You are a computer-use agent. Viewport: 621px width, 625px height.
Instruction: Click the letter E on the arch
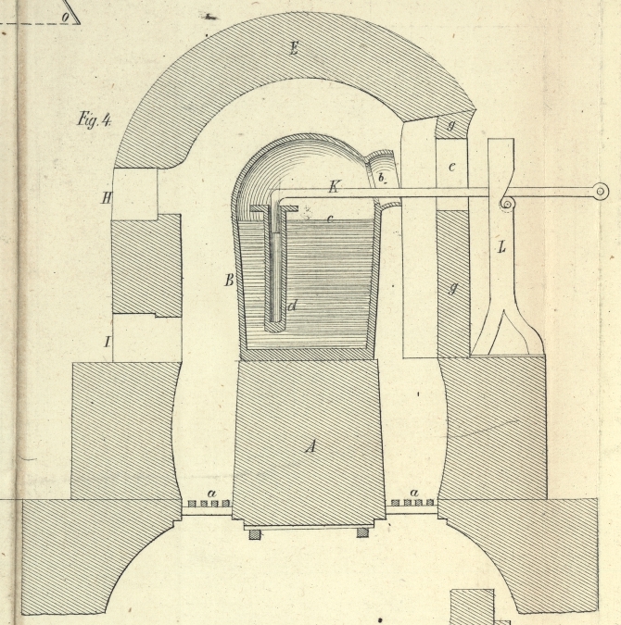pos(293,48)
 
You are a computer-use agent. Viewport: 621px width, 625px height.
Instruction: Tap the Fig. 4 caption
pos(95,119)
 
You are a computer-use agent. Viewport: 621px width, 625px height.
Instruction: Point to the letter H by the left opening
pos(107,196)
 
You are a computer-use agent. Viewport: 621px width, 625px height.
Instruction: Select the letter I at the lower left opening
pos(108,343)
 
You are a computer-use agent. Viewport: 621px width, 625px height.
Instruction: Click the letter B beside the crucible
pos(228,279)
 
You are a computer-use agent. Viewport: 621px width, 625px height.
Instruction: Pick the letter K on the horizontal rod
pos(334,187)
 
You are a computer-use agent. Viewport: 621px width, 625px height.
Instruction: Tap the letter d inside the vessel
pos(292,305)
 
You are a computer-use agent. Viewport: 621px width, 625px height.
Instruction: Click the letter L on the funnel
pos(501,247)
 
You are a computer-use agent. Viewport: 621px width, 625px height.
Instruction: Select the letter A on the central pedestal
pos(311,446)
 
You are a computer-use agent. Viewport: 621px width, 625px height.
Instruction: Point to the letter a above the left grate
pos(211,493)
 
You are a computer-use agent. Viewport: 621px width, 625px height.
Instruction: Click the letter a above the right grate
pos(413,493)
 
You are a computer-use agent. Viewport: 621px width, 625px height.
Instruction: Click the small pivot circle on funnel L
pos(507,204)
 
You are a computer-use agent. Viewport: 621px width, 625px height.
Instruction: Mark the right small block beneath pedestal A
pos(362,532)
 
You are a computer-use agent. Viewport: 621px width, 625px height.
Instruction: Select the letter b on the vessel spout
pos(379,176)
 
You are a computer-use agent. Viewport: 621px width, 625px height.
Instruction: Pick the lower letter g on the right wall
pos(453,288)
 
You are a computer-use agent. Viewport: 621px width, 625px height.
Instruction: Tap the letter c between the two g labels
pos(452,166)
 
